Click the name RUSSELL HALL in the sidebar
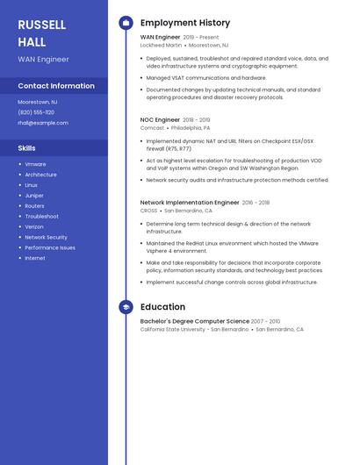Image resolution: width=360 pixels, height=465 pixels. click(x=41, y=32)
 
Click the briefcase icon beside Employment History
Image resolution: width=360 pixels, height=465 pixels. click(x=126, y=23)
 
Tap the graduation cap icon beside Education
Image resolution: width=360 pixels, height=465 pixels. click(x=126, y=307)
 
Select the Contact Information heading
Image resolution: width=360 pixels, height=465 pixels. click(x=56, y=86)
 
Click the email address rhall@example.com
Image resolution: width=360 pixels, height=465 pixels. click(x=43, y=123)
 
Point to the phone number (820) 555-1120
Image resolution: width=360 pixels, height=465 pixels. click(x=36, y=112)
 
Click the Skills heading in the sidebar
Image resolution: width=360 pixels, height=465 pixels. click(x=27, y=148)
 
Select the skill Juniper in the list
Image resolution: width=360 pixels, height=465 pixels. click(x=34, y=196)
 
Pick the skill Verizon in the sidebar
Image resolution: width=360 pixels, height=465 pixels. click(x=34, y=226)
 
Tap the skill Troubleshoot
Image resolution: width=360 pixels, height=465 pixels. click(x=41, y=216)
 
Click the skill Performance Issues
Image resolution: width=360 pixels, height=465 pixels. click(x=49, y=247)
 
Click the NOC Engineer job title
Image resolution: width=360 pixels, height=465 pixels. click(x=160, y=119)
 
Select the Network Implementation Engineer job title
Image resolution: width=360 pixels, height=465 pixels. click(x=190, y=203)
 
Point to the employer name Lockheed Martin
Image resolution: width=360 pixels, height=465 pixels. click(x=161, y=45)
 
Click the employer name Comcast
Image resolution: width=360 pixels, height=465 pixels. click(x=152, y=127)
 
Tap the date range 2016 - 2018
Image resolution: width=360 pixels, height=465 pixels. click(x=256, y=203)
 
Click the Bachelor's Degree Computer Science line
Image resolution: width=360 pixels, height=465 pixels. click(x=195, y=321)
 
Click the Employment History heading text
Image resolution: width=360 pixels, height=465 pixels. click(x=184, y=23)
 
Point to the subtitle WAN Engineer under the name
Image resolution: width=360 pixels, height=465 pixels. click(x=43, y=59)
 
